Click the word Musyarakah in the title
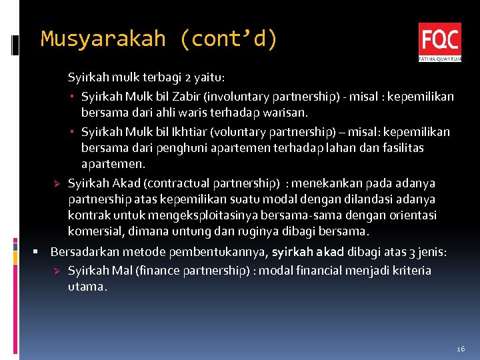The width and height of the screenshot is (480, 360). pos(103,39)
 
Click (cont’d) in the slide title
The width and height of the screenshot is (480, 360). pos(228,39)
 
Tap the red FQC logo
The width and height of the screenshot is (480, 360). pos(439,41)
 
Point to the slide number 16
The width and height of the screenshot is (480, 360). pos(461,349)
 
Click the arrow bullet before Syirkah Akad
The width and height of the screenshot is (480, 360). pos(57,183)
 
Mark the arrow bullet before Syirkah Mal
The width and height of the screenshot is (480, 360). pos(57,271)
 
